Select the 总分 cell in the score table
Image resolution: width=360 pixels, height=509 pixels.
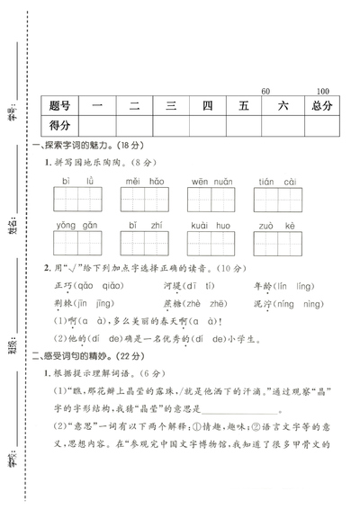(x=322, y=106)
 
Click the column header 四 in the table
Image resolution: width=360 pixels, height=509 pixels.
(x=208, y=106)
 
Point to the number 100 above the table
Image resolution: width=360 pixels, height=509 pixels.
(x=323, y=92)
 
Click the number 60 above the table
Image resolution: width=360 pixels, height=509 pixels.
(x=265, y=92)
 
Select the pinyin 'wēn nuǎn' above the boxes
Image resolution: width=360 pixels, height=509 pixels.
(x=211, y=181)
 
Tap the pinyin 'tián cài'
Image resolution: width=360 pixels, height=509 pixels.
(x=277, y=181)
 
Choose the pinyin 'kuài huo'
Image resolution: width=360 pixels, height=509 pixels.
(x=211, y=225)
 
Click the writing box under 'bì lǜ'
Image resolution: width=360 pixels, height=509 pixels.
(x=77, y=201)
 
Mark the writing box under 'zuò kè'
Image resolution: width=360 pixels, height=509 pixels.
(x=277, y=244)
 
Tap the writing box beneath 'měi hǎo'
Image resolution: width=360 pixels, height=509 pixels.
(x=144, y=201)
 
